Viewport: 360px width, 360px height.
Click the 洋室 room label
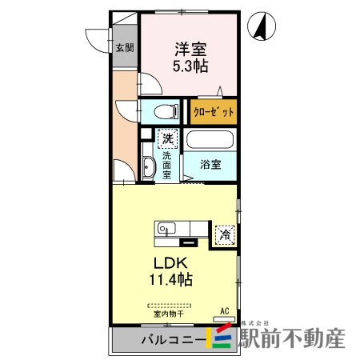coord(189,49)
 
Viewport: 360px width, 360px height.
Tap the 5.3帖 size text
coord(189,66)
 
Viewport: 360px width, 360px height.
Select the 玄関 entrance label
coord(125,47)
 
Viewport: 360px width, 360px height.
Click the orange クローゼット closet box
coord(214,112)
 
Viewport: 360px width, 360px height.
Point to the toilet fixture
coord(163,111)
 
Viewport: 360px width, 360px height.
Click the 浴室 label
coord(210,165)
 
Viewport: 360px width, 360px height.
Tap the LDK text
coord(171,263)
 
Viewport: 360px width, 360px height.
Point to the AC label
coord(225,310)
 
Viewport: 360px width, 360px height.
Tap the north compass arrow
coord(262,28)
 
